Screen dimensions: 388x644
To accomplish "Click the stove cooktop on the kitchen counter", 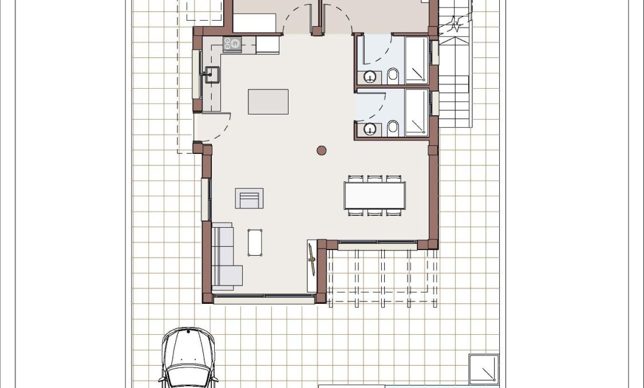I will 232,44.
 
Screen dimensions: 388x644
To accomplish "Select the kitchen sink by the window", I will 211,74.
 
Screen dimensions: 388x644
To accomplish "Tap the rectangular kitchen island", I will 268,101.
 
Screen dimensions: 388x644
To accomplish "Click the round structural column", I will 322,151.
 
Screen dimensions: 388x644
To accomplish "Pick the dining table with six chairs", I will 375,195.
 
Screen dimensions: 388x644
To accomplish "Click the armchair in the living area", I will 249,198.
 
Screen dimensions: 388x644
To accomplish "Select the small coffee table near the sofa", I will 255,242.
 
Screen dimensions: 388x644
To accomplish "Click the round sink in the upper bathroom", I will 371,76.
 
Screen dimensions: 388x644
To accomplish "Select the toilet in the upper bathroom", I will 393,76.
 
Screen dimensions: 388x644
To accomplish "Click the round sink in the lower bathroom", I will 371,129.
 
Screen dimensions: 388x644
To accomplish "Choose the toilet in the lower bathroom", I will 393,128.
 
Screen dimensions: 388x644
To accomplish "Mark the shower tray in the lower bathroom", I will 416,113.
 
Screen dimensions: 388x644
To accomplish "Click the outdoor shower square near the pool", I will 484,369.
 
